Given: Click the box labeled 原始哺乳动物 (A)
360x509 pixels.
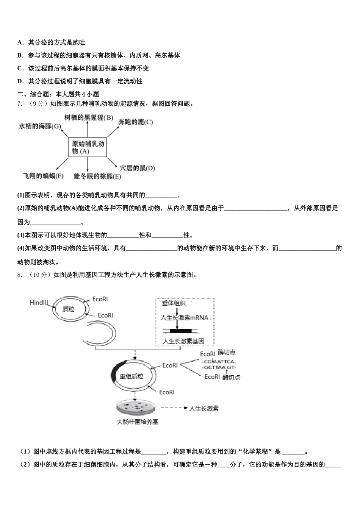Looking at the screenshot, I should click(88, 147).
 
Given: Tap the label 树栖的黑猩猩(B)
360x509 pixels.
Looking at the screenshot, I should click(89, 118).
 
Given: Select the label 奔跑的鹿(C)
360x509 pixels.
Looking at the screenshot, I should click(135, 122).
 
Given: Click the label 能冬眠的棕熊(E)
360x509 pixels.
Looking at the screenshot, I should click(97, 176).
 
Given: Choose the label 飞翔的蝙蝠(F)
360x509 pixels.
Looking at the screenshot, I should click(43, 176).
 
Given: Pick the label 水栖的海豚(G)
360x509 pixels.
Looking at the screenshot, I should click(40, 126).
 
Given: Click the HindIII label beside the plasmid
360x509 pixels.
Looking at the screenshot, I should click(39, 303).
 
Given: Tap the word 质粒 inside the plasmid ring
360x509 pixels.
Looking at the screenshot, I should click(68, 309).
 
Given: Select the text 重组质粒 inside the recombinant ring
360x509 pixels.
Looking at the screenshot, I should click(131, 376).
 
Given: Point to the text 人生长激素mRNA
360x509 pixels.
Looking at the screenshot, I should click(185, 317).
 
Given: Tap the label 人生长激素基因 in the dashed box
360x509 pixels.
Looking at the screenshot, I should click(183, 341).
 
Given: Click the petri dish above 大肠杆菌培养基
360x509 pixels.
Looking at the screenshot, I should click(135, 409).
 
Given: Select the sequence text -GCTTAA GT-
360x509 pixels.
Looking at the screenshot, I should click(219, 367).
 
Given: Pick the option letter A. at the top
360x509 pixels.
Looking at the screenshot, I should click(20, 42).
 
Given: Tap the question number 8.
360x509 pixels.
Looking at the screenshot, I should click(20, 275).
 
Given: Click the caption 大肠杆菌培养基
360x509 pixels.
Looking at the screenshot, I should click(137, 422).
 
